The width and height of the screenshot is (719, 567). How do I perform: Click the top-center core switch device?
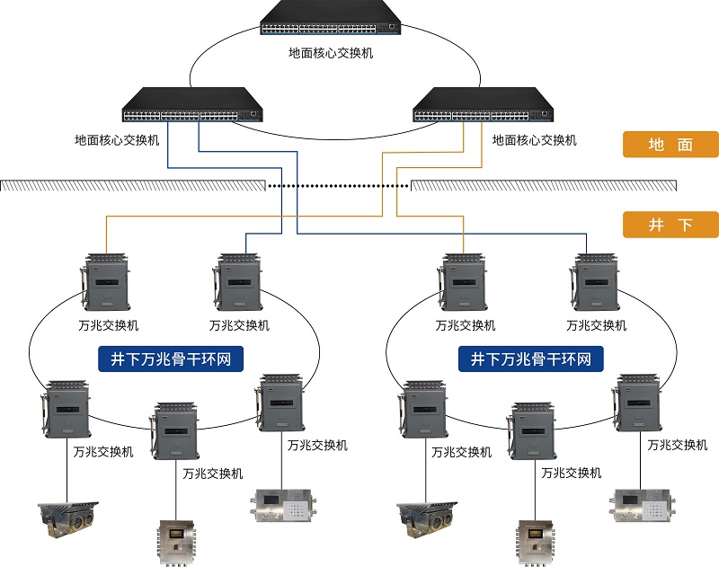(330, 21)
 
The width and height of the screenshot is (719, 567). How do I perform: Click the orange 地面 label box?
(670, 145)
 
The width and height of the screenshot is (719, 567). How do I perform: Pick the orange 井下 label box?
(670, 225)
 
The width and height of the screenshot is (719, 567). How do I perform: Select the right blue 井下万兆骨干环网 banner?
(531, 360)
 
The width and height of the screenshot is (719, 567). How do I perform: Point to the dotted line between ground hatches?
(337, 186)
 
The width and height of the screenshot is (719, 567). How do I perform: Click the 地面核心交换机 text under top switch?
(330, 53)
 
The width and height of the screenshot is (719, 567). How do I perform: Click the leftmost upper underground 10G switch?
(108, 282)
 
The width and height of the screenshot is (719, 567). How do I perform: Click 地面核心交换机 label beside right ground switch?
(534, 141)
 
